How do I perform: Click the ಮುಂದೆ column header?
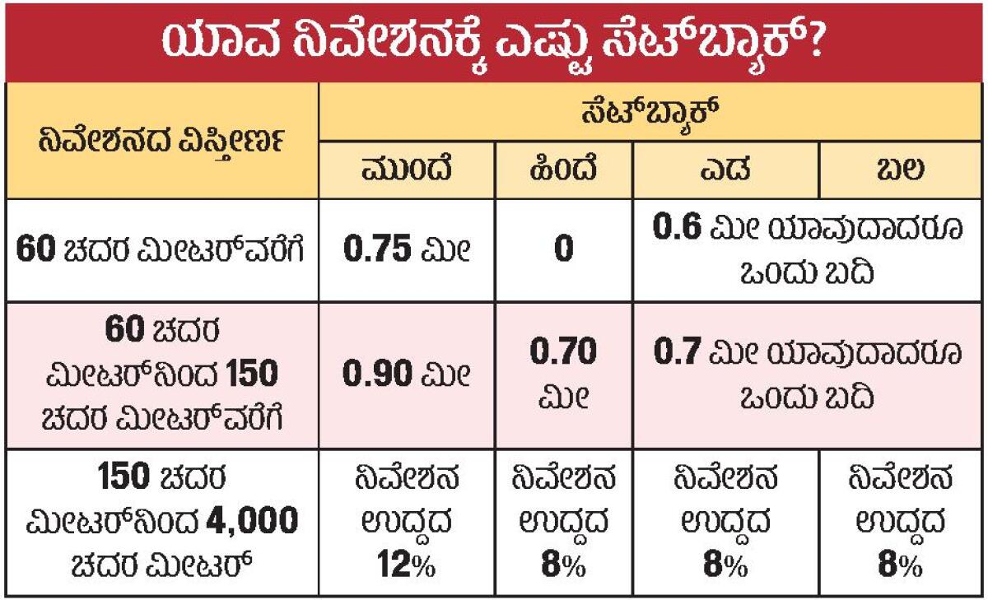(407, 170)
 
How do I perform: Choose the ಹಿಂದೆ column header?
(564, 170)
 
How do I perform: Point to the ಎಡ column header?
(727, 170)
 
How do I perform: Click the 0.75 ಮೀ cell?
(407, 249)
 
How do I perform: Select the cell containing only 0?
(564, 249)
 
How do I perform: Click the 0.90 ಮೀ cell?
(407, 374)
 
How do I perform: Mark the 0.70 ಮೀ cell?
(564, 374)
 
